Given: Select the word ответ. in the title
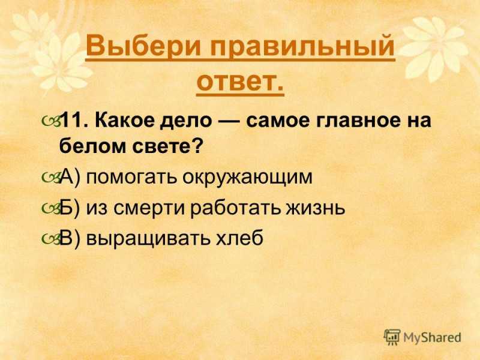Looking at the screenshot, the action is (x=241, y=82).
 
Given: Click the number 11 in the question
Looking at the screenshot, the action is (x=71, y=121).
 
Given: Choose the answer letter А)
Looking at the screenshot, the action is (x=70, y=176).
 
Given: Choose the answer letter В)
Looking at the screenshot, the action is (x=70, y=238).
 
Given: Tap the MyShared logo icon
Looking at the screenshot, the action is (x=392, y=338).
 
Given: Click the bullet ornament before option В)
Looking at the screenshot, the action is (x=50, y=239).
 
